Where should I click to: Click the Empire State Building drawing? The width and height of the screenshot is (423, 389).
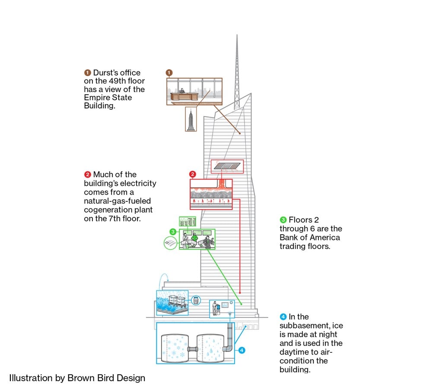coord(191,120)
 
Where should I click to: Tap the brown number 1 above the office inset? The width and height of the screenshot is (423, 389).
coord(169,73)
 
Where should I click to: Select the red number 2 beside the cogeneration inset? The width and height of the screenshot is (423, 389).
coord(192,174)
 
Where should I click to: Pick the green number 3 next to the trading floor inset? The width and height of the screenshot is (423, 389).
coord(173,232)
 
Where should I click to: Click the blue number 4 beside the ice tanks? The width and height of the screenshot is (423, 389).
coord(242,351)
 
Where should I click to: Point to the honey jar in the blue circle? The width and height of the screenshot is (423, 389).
coord(196,300)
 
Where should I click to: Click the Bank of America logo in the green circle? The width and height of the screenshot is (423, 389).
coord(170,242)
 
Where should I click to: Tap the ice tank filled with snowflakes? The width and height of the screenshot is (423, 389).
coord(175,348)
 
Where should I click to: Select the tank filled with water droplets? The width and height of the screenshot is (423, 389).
coord(210,348)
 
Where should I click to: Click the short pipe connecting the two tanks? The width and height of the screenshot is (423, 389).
coord(193,349)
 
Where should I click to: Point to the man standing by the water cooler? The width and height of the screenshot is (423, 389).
coord(215,309)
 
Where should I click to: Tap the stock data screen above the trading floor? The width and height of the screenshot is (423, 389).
coord(188,221)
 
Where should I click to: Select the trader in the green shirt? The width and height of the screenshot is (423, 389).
coord(194,238)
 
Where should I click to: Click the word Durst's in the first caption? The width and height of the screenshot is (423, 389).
coord(117,73)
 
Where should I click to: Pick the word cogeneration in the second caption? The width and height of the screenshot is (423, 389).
coord(118,210)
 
